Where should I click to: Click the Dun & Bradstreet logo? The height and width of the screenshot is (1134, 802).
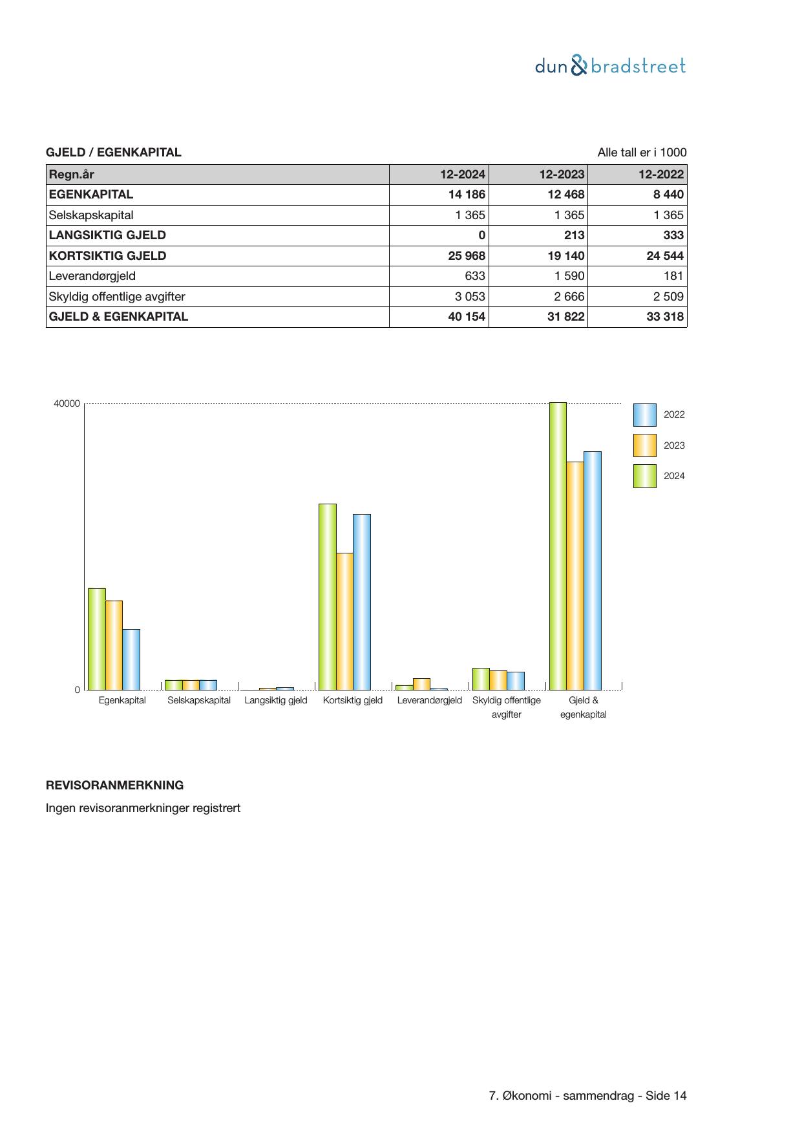(x=610, y=66)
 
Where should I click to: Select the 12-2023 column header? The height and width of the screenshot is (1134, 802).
(x=562, y=174)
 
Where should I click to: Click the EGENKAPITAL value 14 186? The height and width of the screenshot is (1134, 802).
(x=467, y=195)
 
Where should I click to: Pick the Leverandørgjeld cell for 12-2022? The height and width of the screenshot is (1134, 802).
(x=673, y=276)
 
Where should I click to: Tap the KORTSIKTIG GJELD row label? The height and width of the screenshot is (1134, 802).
(x=107, y=255)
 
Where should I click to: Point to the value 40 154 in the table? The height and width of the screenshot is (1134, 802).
(x=467, y=317)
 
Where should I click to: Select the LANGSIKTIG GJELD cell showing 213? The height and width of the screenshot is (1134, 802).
(x=573, y=235)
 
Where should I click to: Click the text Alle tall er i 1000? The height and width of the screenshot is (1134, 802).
(x=642, y=153)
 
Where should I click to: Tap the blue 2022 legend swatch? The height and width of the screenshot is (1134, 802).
(x=644, y=415)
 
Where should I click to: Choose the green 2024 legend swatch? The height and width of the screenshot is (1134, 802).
(x=644, y=476)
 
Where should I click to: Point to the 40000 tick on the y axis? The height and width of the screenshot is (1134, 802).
(x=67, y=404)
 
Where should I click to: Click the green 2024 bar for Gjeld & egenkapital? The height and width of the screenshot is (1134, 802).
(x=558, y=546)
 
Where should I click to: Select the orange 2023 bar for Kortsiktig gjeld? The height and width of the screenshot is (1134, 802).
(x=344, y=621)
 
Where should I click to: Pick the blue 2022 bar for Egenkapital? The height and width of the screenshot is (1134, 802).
(x=131, y=659)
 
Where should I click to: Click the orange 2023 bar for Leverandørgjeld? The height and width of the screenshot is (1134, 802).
(x=421, y=684)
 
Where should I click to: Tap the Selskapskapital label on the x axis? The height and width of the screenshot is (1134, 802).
(x=198, y=700)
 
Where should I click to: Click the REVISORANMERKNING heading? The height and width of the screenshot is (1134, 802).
(x=114, y=786)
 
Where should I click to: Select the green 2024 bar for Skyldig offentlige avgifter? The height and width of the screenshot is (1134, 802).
(x=481, y=679)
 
